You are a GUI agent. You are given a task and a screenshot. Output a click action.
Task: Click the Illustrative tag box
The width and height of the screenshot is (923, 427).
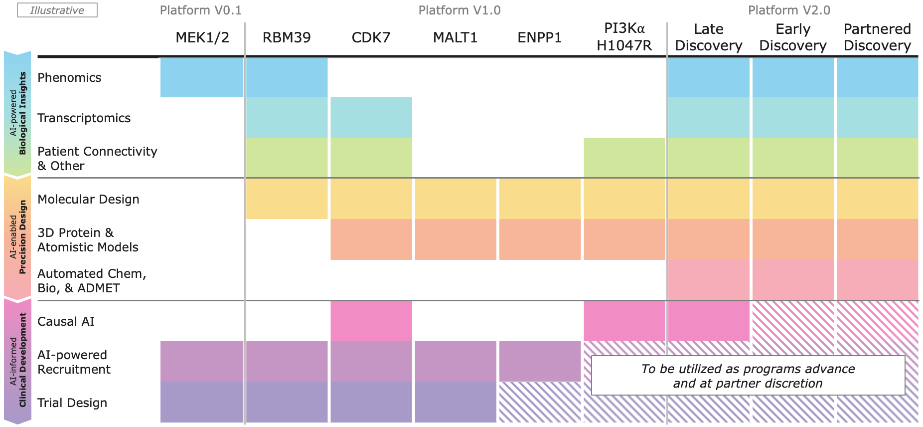pyautogui.click(x=57, y=10)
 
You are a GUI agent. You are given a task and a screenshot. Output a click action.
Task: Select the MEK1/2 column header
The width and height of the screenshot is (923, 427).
pyautogui.click(x=202, y=37)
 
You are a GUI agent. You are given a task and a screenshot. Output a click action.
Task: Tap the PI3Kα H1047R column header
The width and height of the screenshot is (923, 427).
pyautogui.click(x=624, y=37)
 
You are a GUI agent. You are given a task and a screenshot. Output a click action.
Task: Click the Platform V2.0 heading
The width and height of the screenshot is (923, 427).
pyautogui.click(x=789, y=10)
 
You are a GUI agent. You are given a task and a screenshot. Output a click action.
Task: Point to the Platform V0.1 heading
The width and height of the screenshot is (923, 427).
pyautogui.click(x=200, y=10)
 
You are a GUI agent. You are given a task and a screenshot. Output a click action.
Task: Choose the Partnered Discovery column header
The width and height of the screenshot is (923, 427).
pyautogui.click(x=877, y=37)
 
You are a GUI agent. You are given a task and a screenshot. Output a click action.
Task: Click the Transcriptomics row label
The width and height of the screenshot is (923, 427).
pyautogui.click(x=84, y=118)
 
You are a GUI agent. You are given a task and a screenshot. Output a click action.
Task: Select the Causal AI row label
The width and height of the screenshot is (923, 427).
pyautogui.click(x=66, y=321)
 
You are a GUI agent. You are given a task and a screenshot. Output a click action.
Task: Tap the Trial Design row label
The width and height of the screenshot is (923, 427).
pyautogui.click(x=72, y=403)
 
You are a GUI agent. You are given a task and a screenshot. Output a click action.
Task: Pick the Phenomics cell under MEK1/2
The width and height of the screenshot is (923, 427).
pyautogui.click(x=202, y=77)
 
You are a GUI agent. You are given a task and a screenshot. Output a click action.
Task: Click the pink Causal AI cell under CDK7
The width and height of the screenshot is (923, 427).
pyautogui.click(x=371, y=321)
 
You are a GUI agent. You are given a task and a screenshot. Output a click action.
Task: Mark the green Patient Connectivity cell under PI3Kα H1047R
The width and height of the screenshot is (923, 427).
pyautogui.click(x=624, y=158)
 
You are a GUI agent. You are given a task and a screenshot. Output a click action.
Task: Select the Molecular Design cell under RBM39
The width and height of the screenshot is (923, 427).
pyautogui.click(x=287, y=199)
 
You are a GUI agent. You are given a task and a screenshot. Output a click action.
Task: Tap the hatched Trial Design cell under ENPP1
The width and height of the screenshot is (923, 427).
pyautogui.click(x=540, y=402)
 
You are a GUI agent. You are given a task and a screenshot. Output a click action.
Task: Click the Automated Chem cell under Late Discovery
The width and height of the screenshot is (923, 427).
pyautogui.click(x=708, y=280)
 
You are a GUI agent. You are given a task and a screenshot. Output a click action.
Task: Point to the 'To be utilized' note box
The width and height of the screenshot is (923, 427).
pyautogui.click(x=748, y=376)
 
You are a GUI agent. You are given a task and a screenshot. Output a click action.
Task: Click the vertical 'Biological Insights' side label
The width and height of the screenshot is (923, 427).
pyautogui.click(x=17, y=113)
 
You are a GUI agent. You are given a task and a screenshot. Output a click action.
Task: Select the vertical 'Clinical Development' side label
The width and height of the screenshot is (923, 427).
pyautogui.click(x=17, y=360)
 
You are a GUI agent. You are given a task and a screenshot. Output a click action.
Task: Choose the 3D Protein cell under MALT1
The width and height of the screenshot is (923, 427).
pyautogui.click(x=456, y=239)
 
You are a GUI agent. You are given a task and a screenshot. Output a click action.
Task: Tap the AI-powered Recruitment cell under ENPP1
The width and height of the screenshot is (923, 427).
pyautogui.click(x=540, y=361)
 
